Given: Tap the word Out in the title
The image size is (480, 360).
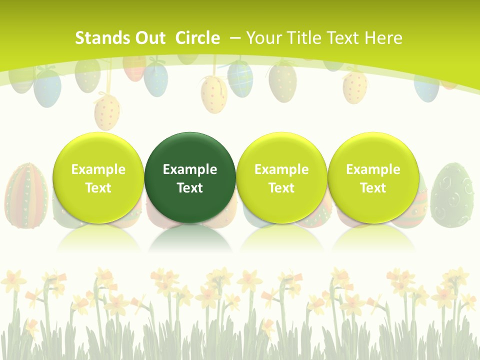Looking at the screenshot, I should (150, 38).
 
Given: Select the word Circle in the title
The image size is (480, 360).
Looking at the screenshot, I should (197, 38).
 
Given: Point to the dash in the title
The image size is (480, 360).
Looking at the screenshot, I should (235, 38).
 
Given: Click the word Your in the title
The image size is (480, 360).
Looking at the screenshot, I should (263, 38).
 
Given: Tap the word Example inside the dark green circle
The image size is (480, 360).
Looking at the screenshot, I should (190, 169).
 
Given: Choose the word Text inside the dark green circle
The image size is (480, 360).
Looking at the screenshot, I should (190, 188).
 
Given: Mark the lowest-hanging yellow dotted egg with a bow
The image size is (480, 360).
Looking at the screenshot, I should (107, 112).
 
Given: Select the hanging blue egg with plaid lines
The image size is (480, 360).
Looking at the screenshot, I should (240, 77).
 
